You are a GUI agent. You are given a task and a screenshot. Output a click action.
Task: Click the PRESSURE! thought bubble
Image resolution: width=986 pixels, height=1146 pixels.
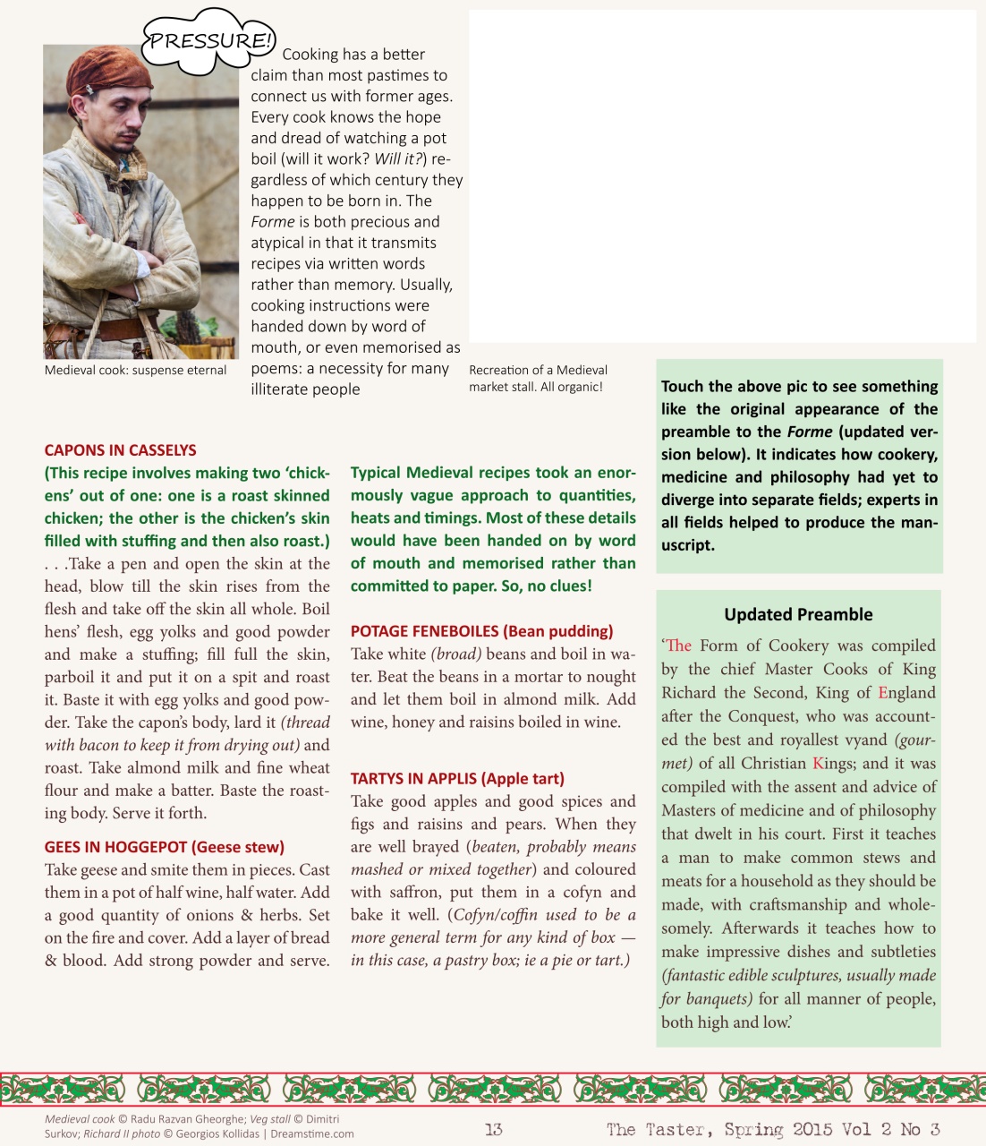(208, 41)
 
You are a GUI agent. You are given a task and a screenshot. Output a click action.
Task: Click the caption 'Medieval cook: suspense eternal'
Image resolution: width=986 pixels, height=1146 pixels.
(135, 370)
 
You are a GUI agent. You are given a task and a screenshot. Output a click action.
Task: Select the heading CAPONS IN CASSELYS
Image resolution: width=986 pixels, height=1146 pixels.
(120, 450)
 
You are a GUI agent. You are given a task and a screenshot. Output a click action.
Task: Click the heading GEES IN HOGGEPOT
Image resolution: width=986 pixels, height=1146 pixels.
(164, 847)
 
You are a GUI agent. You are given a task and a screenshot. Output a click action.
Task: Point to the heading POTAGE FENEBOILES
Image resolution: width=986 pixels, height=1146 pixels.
(481, 631)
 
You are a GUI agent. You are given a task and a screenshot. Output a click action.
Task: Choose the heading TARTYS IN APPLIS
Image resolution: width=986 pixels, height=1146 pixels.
(457, 779)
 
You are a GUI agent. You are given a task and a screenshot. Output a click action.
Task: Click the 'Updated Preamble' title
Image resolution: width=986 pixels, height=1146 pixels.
(798, 614)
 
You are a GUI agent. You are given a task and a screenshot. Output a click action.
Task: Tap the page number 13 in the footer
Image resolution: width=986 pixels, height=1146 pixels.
(493, 1129)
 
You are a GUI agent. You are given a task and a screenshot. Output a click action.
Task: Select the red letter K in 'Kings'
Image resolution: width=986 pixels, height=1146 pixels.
(818, 764)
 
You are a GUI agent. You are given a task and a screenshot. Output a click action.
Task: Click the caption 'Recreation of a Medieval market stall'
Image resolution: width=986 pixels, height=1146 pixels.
(538, 378)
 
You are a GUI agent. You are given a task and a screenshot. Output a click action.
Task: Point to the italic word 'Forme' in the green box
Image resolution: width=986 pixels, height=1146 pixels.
(809, 432)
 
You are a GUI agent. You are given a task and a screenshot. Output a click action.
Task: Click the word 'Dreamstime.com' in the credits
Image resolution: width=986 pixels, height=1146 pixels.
(312, 1133)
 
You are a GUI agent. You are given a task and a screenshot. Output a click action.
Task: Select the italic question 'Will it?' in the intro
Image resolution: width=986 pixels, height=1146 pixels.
(398, 159)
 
